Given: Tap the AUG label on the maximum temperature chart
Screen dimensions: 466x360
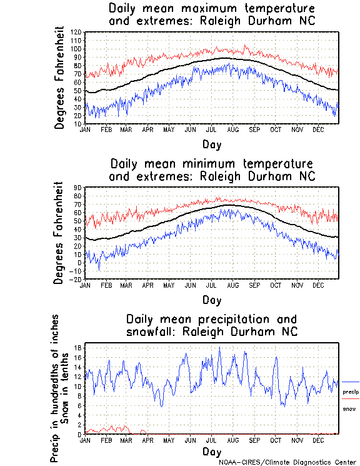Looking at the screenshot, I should click(232, 129).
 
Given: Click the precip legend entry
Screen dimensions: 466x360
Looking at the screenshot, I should click(351, 392).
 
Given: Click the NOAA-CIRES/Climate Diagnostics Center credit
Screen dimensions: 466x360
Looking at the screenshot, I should click(288, 462).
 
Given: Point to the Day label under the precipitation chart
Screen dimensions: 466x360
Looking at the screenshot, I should click(211, 451).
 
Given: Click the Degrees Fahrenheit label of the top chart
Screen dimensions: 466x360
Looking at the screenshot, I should click(60, 78).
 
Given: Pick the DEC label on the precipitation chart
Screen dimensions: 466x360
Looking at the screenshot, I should click(317, 440).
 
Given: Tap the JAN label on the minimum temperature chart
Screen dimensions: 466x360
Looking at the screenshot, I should click(86, 284).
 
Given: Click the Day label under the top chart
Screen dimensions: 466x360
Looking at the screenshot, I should click(211, 144).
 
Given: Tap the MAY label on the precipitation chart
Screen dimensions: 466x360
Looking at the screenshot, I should click(169, 440).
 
